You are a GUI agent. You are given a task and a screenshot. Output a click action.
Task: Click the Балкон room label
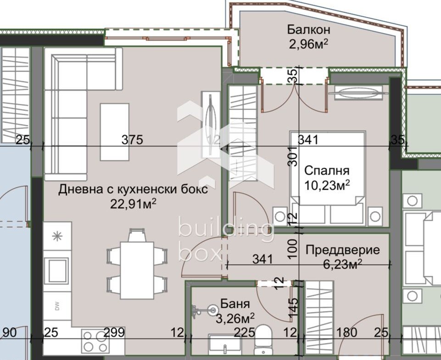pyautogui.click(x=308, y=29)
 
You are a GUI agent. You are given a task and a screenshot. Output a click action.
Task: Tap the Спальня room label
pyautogui.click(x=327, y=171)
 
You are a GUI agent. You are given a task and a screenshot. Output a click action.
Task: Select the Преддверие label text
pyautogui.click(x=342, y=250)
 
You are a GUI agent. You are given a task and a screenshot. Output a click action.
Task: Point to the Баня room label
pyautogui.click(x=235, y=304)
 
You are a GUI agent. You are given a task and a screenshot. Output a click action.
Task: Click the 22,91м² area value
pyautogui.click(x=133, y=204)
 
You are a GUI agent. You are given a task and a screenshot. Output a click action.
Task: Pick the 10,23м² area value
pyautogui.click(x=327, y=185)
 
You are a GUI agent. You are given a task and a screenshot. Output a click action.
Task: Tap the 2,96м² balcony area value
pyautogui.click(x=308, y=44)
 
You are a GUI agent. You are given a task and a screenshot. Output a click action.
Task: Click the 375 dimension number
pyautogui.click(x=132, y=140)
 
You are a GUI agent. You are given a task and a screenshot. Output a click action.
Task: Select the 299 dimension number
pyautogui.click(x=114, y=332)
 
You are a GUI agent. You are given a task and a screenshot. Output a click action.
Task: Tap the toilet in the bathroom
pyautogui.click(x=263, y=339)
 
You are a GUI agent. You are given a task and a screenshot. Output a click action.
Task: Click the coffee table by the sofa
pyautogui.click(x=115, y=132)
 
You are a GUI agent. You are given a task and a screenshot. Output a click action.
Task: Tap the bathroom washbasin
pyautogui.click(x=225, y=344)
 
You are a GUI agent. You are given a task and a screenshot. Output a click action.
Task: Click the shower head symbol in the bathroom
pyautogui.click(x=212, y=310)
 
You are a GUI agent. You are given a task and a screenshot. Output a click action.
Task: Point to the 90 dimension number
pyautogui.click(x=10, y=332)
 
